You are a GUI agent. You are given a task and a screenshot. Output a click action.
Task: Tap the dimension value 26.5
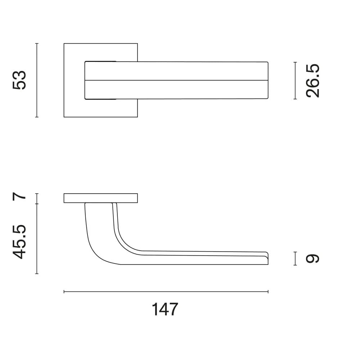312,80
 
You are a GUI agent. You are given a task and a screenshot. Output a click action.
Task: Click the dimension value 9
312,258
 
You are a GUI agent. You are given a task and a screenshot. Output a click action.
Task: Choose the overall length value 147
165,309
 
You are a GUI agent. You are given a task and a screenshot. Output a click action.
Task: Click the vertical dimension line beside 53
37,80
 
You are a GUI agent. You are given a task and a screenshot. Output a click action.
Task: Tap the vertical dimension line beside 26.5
295,80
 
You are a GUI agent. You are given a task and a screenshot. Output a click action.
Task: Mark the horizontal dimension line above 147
166,292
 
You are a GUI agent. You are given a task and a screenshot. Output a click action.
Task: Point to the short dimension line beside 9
295,258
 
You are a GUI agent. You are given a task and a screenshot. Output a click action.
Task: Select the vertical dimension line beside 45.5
37,239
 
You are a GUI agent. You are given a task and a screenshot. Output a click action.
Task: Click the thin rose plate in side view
101,198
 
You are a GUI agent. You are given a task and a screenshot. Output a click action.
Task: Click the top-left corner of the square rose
64,44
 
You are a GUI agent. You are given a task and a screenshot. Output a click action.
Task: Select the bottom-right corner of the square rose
137,117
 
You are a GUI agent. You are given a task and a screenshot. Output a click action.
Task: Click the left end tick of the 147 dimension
64,292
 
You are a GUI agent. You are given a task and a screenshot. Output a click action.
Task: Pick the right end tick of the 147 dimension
268,292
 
